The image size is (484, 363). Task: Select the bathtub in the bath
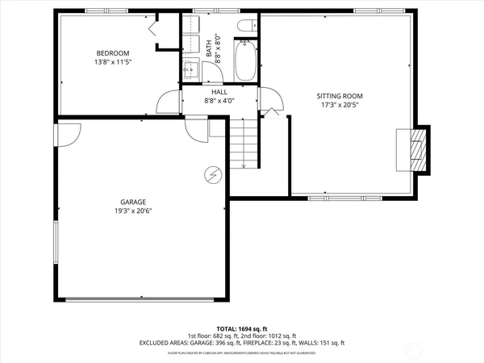tap(245, 61)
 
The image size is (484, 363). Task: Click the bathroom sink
tap(192, 68)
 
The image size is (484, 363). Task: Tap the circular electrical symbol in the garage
tap(214, 174)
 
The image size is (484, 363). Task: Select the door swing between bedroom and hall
tap(167, 102)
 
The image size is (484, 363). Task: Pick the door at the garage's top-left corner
tap(67, 133)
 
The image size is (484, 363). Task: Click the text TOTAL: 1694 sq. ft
tap(242, 328)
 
